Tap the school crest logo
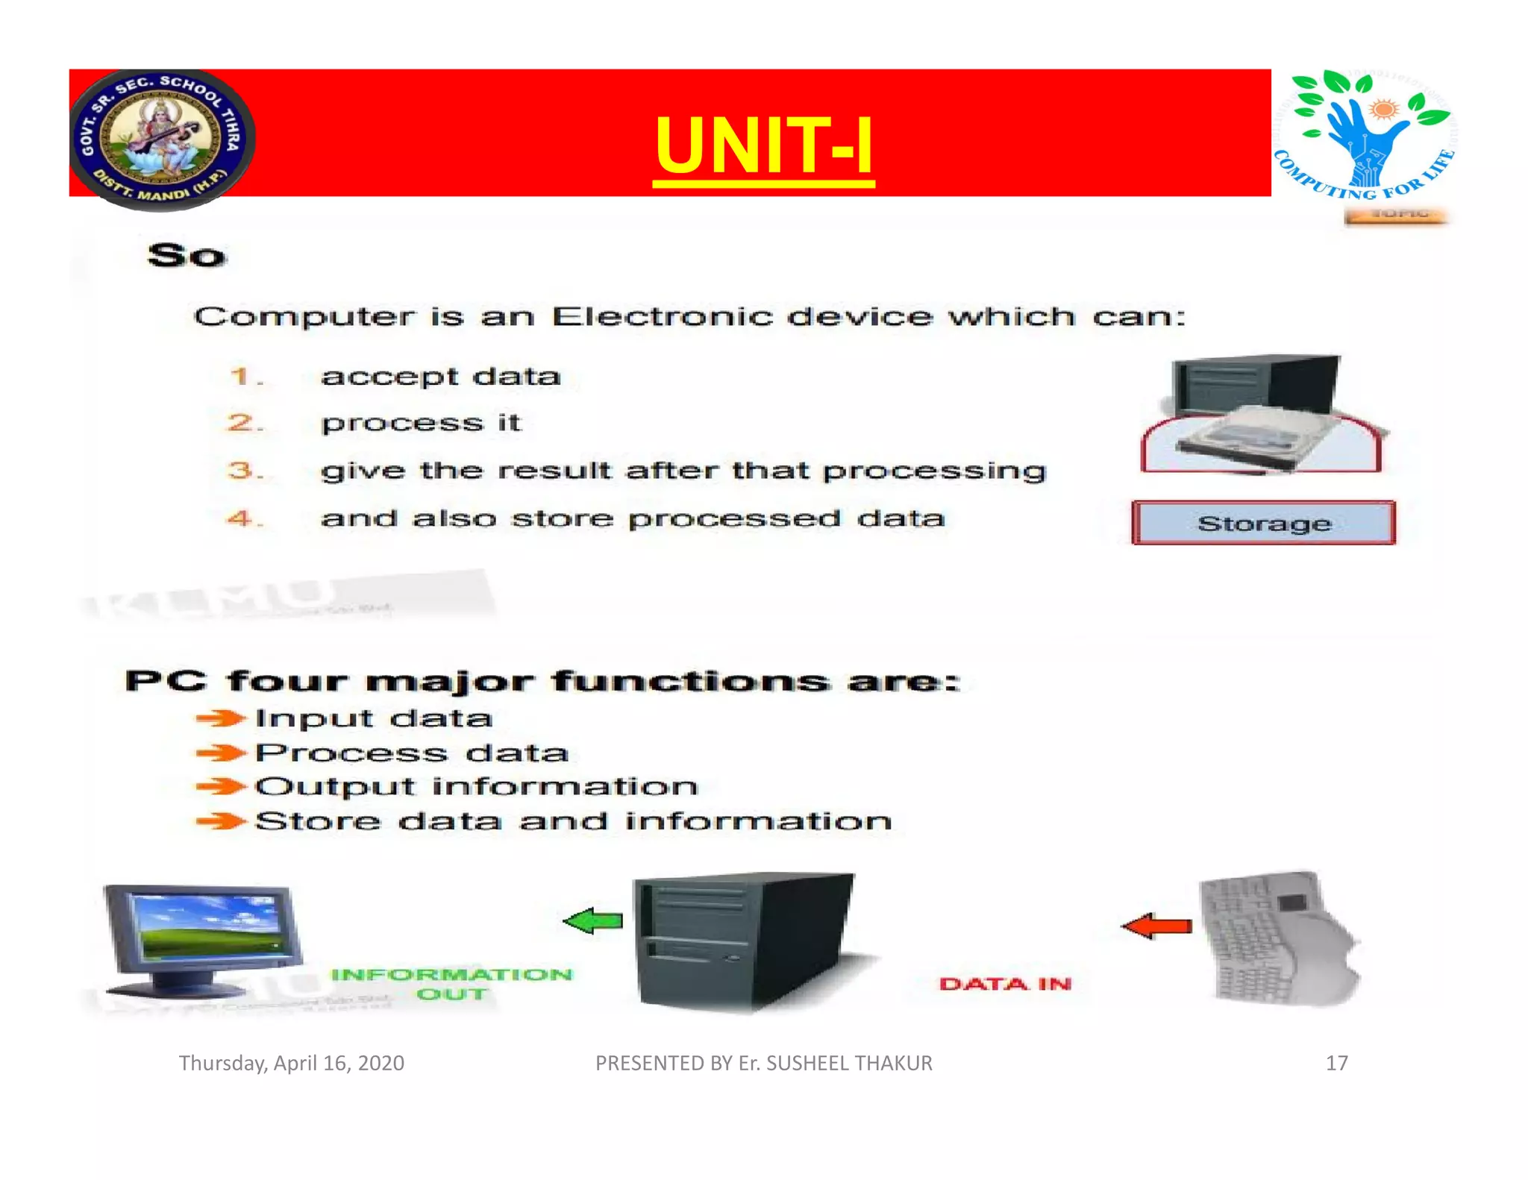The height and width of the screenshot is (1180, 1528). (161, 139)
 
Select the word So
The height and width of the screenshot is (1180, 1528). (187, 256)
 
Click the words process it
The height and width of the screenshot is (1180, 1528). (421, 423)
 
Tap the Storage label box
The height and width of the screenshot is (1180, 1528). (1263, 523)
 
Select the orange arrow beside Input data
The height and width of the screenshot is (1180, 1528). (220, 718)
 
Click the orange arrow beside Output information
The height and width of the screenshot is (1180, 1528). (220, 786)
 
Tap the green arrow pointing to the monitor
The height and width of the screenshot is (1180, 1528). (593, 921)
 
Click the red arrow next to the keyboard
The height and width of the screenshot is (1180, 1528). (1156, 926)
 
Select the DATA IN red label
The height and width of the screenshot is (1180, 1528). (1005, 984)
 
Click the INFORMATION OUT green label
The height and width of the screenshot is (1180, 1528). (451, 984)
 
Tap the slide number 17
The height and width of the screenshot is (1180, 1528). (1336, 1063)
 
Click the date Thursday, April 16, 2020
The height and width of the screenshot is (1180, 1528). (291, 1063)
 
